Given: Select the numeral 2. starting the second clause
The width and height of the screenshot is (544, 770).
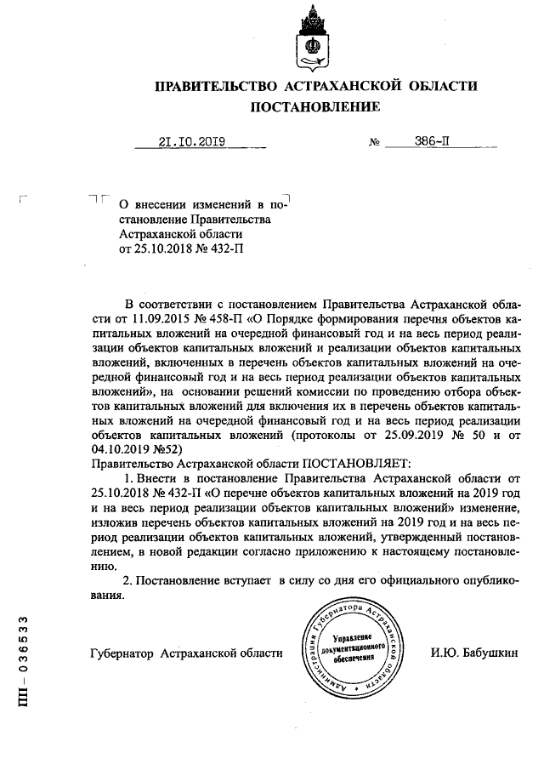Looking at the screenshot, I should click(129, 580).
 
